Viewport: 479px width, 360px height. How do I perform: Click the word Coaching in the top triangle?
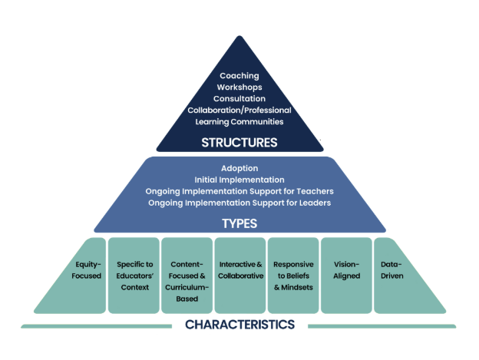click(x=240, y=76)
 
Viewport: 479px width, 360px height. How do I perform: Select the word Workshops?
click(x=240, y=88)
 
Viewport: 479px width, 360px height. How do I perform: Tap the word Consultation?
click(x=240, y=99)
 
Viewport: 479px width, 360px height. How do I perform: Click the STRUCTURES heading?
click(x=240, y=142)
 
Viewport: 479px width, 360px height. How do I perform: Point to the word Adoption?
click(x=240, y=167)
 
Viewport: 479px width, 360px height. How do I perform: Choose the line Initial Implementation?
click(x=240, y=179)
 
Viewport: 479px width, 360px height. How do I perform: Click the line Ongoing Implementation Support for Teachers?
click(x=240, y=190)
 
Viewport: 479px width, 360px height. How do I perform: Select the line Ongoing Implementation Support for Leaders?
click(x=240, y=202)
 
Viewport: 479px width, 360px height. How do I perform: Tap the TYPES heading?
click(x=240, y=224)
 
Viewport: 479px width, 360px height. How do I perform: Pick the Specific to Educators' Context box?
click(x=134, y=276)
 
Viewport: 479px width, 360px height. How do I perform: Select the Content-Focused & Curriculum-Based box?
click(x=187, y=276)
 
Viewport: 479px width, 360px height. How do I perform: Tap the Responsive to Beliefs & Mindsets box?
click(x=292, y=276)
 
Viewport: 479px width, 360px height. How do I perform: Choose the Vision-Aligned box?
click(x=345, y=270)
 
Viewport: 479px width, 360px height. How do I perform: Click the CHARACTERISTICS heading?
click(x=240, y=325)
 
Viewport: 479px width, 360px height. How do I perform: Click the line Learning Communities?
click(x=240, y=121)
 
